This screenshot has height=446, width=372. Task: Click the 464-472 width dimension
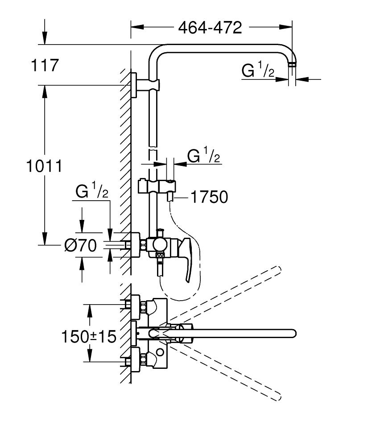click(210, 28)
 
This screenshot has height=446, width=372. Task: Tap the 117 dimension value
click(45, 66)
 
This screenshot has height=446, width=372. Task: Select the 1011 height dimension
click(43, 166)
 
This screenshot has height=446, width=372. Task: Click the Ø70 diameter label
click(80, 245)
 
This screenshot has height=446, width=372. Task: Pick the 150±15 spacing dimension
click(89, 336)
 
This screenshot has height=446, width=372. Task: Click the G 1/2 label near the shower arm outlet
click(258, 71)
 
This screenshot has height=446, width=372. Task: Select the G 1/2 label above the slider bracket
click(204, 157)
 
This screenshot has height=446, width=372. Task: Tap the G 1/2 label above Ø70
click(92, 192)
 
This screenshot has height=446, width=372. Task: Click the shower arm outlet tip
click(292, 65)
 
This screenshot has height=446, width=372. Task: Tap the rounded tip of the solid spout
click(292, 333)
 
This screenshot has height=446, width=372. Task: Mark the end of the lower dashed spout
click(277, 395)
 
